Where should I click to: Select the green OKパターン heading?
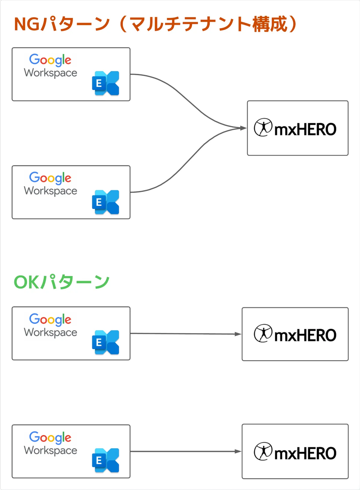61,282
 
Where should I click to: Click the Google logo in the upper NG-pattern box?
50,60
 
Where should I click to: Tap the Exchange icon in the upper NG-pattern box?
106,83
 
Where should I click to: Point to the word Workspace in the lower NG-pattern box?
50,191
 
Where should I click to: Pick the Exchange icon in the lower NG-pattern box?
106,202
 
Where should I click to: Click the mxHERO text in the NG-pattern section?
305,129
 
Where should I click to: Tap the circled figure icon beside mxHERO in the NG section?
263,128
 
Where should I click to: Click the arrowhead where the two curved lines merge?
243,128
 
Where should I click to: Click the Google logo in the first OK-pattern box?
50,320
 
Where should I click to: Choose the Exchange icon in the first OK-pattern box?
106,342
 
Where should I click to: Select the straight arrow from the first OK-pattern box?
186,334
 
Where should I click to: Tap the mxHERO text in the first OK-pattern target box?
305,335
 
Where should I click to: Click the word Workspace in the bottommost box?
50,450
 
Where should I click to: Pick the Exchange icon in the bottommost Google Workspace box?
106,460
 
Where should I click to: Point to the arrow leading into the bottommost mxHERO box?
186,451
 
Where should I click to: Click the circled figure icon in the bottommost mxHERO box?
263,451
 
